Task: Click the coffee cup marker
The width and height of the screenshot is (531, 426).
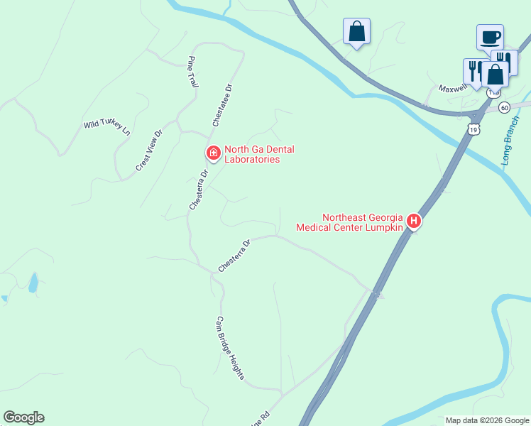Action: (x=490, y=36)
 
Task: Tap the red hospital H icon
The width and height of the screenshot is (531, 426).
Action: (x=414, y=222)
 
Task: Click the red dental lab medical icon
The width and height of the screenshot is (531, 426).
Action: (x=212, y=153)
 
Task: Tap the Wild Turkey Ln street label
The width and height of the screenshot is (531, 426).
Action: (x=107, y=128)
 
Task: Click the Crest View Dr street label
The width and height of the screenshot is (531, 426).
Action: (x=149, y=151)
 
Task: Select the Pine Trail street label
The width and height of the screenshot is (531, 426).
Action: (x=192, y=72)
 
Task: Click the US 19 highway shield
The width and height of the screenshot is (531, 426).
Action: (x=474, y=128)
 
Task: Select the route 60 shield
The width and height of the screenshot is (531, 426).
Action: (x=504, y=107)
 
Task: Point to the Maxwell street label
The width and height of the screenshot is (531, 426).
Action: (x=452, y=89)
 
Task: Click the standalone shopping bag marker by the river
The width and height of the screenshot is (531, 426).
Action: (x=356, y=31)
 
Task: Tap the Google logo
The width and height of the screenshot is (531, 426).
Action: (x=23, y=417)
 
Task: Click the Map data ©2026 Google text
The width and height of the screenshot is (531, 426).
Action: (x=486, y=420)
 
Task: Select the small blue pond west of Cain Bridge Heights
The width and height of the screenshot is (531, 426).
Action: (x=33, y=283)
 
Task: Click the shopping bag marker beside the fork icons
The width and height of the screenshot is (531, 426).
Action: (x=495, y=73)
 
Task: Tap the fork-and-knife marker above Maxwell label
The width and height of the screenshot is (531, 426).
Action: (x=473, y=70)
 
